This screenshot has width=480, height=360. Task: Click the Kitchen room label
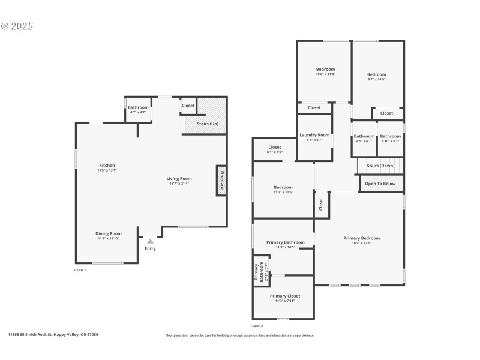(107, 166)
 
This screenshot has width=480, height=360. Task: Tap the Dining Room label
(109, 233)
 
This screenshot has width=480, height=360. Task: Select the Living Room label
(179, 178)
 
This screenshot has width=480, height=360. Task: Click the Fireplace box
(221, 180)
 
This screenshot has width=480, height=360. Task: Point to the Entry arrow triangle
(150, 241)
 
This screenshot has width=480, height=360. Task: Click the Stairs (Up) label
(206, 124)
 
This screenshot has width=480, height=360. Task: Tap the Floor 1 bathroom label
(138, 107)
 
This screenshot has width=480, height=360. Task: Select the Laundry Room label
(315, 135)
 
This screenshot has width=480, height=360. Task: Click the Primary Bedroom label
(361, 238)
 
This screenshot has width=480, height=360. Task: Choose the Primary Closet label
(285, 296)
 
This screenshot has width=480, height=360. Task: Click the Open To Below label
(380, 184)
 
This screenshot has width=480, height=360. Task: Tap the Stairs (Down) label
(380, 165)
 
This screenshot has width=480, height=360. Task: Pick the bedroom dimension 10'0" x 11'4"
(325, 74)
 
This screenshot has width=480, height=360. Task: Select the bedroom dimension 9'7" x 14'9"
(376, 79)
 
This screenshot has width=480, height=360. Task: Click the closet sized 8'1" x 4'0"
(275, 152)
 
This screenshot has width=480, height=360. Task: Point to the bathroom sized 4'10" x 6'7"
(390, 141)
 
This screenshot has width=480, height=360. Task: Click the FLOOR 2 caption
(257, 325)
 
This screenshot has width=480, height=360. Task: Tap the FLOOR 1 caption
(80, 271)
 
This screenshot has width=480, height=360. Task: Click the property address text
(53, 334)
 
